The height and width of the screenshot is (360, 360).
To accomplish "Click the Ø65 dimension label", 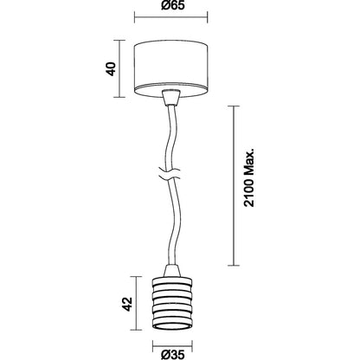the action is click(172, 5).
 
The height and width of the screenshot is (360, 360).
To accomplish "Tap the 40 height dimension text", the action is click(111, 69).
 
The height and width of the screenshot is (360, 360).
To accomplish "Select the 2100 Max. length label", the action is click(249, 177).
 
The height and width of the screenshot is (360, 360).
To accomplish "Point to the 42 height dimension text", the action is click(127, 304).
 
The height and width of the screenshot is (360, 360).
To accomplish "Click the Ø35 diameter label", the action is click(173, 355).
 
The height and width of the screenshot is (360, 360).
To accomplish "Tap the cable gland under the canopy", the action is click(171, 98).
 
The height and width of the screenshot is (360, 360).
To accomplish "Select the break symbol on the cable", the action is click(171, 174).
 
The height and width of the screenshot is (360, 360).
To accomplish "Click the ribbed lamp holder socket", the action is click(172, 303).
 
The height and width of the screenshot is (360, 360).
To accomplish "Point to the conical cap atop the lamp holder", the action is click(172, 271).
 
